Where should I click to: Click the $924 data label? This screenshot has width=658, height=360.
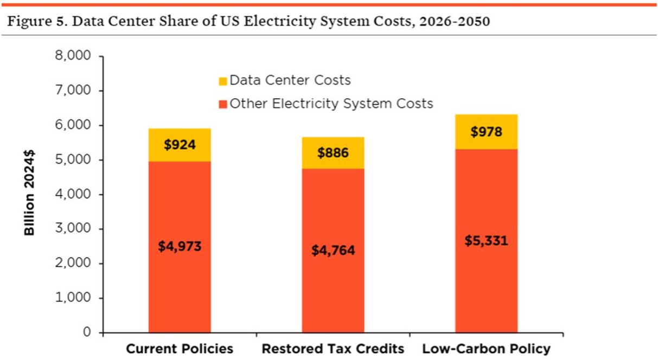[x=180, y=145]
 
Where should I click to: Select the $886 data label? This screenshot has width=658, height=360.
[x=333, y=152]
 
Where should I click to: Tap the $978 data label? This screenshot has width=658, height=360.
[x=487, y=132]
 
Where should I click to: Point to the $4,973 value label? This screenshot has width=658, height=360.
[x=180, y=246]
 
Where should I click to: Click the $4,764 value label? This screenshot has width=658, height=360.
[x=333, y=250]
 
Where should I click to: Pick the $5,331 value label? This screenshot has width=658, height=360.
[x=487, y=241]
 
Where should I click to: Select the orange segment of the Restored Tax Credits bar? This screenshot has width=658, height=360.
[x=333, y=293]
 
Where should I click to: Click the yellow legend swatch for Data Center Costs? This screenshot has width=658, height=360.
[x=222, y=81]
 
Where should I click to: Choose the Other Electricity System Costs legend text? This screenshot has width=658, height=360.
[x=331, y=104]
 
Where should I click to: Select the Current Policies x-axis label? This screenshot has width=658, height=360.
[x=180, y=348]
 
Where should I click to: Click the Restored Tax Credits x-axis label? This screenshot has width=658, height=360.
[x=333, y=348]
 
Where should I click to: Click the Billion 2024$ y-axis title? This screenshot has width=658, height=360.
[x=29, y=194]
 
